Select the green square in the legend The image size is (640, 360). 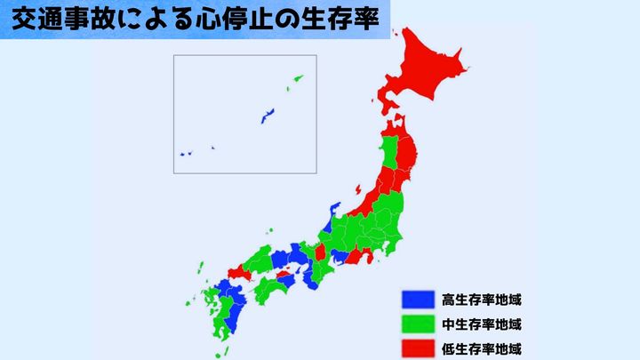416,324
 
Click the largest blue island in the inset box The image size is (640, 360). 267,115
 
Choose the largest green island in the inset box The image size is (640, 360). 296,81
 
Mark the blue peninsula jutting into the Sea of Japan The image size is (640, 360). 333,212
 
